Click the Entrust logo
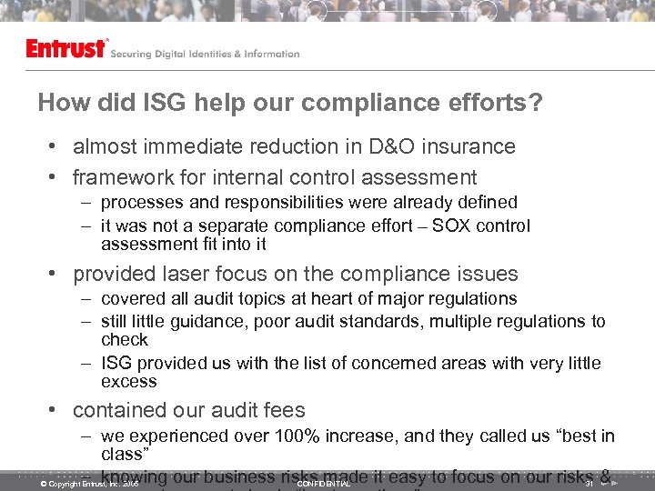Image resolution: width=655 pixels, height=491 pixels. (x=66, y=49)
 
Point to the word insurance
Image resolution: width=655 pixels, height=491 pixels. (x=470, y=146)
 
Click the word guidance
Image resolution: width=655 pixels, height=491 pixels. (x=220, y=321)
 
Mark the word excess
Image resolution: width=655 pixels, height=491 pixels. (x=129, y=381)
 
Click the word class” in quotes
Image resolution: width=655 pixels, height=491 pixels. (x=123, y=453)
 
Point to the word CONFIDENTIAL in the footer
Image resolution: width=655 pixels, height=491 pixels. (x=324, y=484)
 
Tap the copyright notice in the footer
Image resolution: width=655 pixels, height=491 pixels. (x=89, y=484)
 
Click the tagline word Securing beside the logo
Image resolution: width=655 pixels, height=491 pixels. (x=134, y=55)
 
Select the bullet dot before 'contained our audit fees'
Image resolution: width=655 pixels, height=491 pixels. (x=55, y=411)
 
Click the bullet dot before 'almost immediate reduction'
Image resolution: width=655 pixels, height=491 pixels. (x=55, y=147)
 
